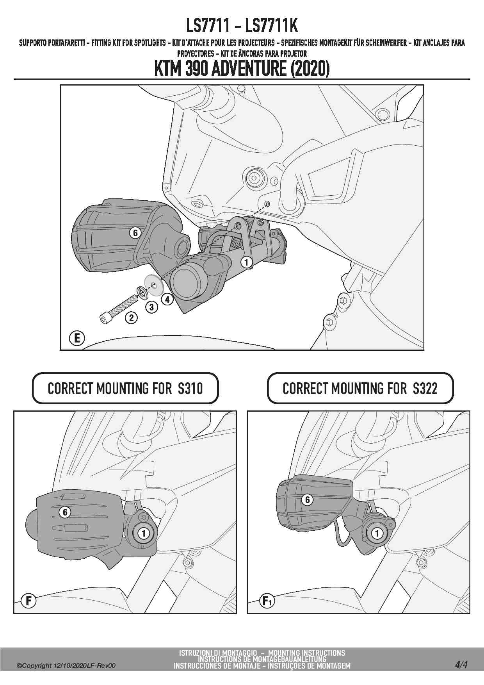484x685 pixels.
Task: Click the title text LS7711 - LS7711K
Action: (x=242, y=26)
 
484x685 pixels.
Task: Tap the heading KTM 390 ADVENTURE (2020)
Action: (x=242, y=69)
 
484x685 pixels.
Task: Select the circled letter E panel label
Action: (x=77, y=338)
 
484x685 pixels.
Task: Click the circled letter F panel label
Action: (x=28, y=600)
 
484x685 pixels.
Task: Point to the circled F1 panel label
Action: (x=267, y=601)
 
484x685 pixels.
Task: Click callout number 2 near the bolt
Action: (x=131, y=318)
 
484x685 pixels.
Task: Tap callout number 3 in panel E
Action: (x=151, y=307)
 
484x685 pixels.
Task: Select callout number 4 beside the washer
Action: (x=167, y=300)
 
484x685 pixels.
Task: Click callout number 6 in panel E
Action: (x=135, y=233)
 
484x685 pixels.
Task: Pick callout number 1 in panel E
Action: (x=246, y=262)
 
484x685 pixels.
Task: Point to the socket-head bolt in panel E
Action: (x=117, y=309)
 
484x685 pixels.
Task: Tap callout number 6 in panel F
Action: (x=65, y=512)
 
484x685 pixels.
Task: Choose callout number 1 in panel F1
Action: (x=377, y=533)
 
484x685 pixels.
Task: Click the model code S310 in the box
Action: (x=190, y=389)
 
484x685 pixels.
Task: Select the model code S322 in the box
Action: (x=425, y=389)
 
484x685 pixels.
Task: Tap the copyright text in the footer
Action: (x=66, y=665)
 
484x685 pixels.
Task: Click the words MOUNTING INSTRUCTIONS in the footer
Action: (x=307, y=653)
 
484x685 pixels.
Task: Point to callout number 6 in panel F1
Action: (x=307, y=499)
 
